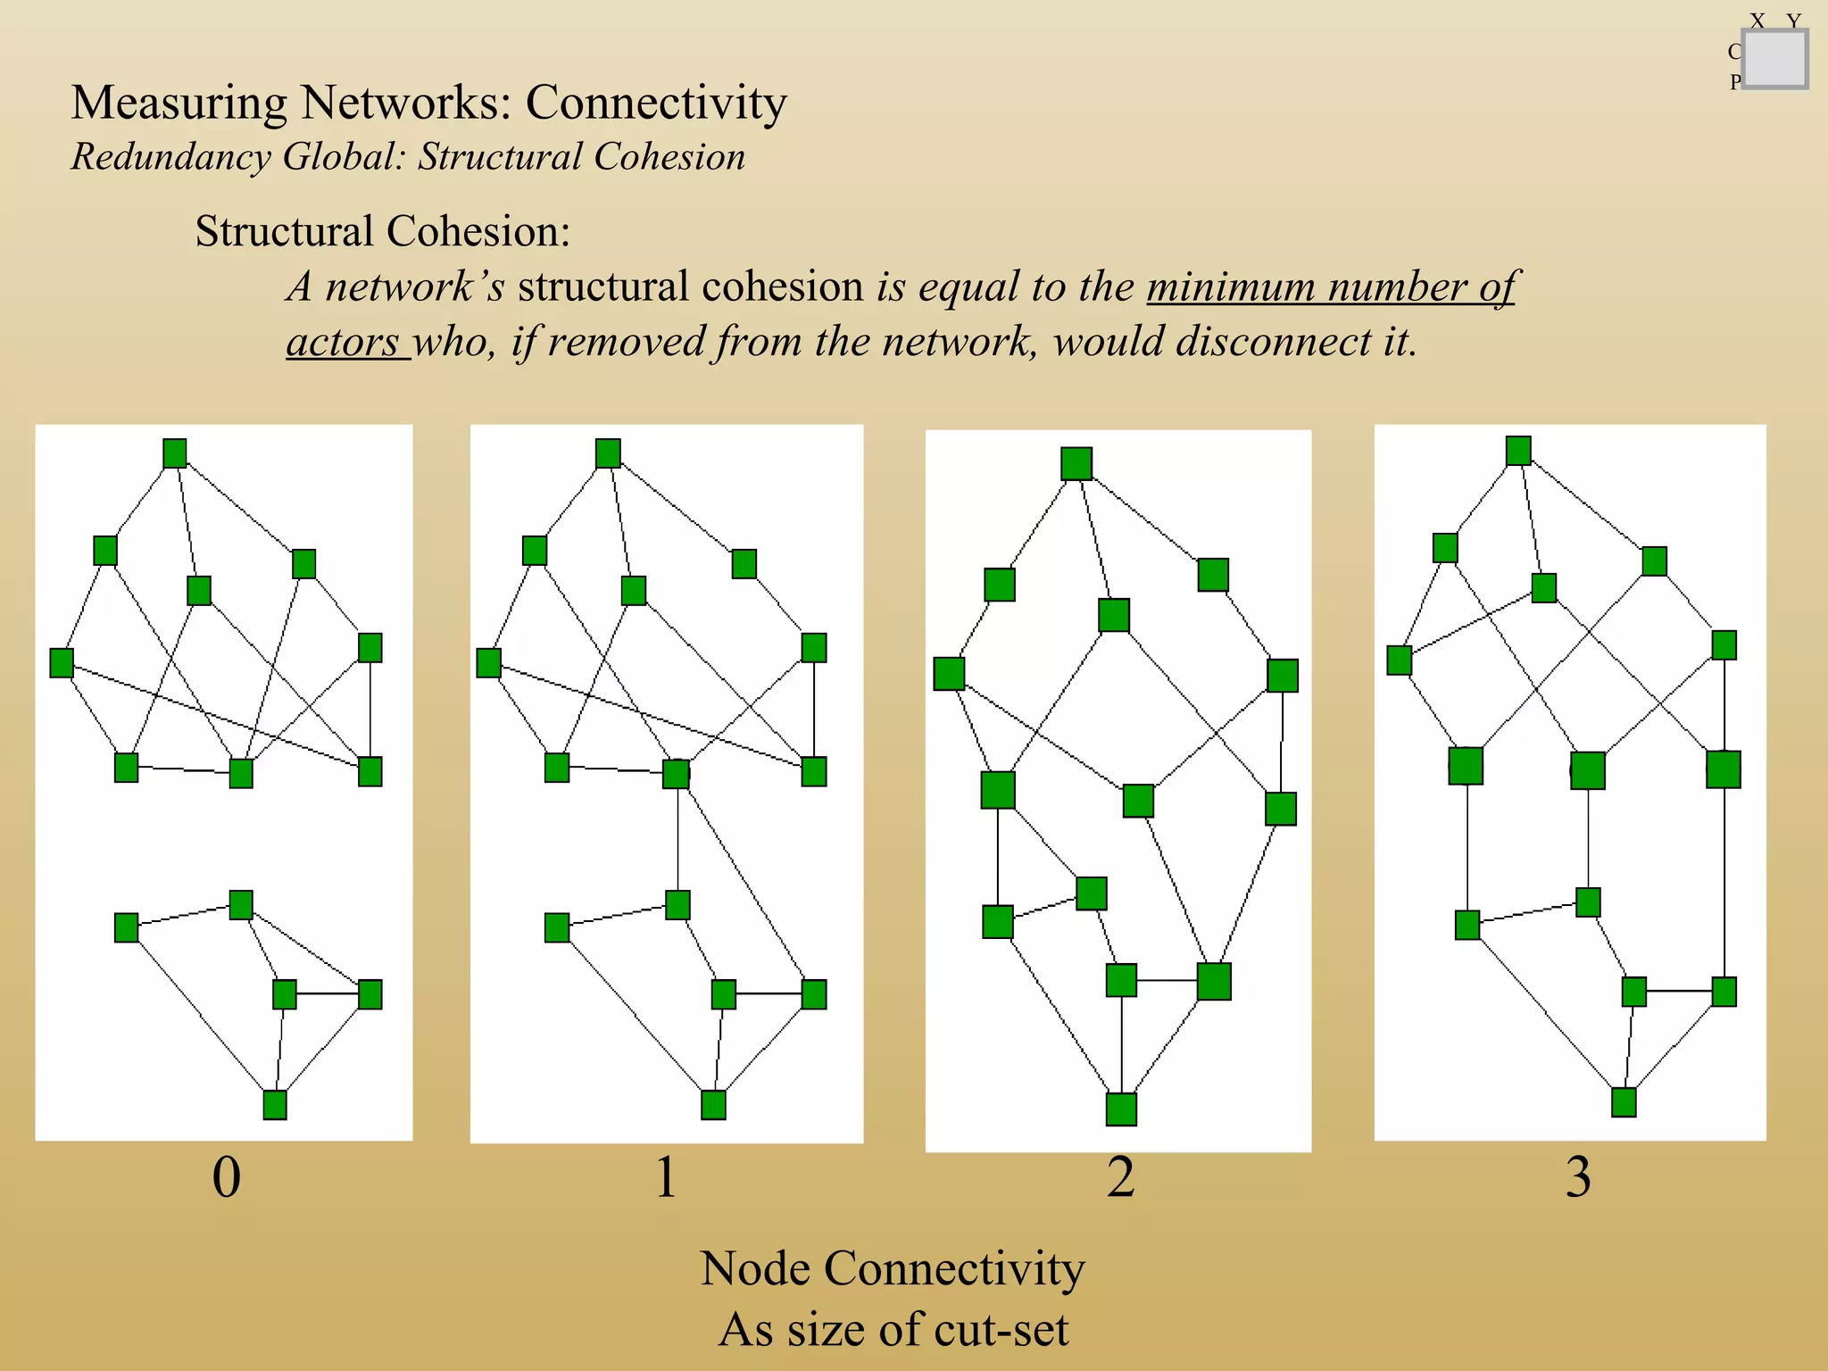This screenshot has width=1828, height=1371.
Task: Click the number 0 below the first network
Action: coord(227,1177)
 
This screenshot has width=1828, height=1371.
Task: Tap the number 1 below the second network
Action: coord(666,1177)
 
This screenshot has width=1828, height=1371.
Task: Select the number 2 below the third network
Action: coord(1121,1177)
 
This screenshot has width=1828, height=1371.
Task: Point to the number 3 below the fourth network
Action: coord(1578,1177)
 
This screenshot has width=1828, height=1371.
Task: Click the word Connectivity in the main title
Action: coord(656,103)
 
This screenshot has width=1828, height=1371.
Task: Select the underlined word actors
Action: coord(343,342)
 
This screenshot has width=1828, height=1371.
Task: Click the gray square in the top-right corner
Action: coord(1774,59)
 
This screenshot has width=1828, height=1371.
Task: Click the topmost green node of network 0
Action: coord(175,453)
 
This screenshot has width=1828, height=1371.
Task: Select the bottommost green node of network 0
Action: coord(275,1105)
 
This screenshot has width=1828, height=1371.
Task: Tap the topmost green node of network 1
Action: coord(608,453)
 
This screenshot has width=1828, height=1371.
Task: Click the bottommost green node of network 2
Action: coord(1121,1109)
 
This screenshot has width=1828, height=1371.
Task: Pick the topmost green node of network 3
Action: coord(1518,451)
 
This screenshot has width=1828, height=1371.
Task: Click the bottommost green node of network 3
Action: coord(1624,1102)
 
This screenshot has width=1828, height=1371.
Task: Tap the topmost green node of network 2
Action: coord(1076,464)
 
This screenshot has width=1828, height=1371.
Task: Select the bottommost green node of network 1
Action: coord(713,1105)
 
